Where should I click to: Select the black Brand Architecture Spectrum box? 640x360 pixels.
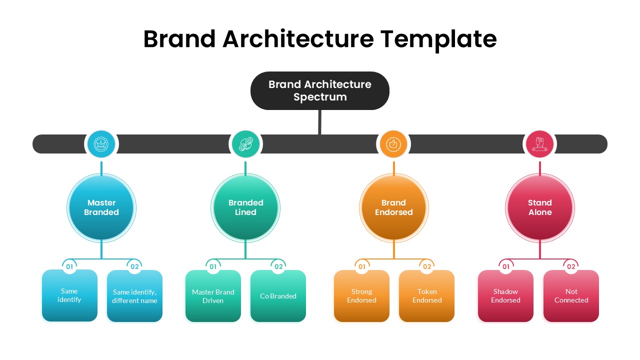320,90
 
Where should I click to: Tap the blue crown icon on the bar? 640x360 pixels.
101,143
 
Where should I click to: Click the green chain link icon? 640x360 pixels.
245,143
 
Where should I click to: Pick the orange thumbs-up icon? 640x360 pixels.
393,143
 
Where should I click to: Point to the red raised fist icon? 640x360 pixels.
539,143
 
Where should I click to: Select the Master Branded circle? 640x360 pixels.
101,207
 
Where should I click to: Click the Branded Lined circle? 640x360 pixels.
245,207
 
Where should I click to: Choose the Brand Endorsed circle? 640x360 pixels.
393,207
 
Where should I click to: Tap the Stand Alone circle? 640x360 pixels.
539,207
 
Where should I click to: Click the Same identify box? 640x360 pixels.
69,295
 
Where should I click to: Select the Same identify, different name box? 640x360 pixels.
134,295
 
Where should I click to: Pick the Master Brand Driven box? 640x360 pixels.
213,295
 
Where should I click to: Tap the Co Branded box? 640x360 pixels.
278,295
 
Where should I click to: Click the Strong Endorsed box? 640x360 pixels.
361,295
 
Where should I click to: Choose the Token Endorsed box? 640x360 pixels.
426,295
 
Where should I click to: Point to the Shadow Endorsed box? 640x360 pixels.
505,295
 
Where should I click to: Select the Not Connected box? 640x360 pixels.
571,295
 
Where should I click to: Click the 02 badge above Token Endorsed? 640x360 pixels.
427,266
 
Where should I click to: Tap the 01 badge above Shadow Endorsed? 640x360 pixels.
506,266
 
